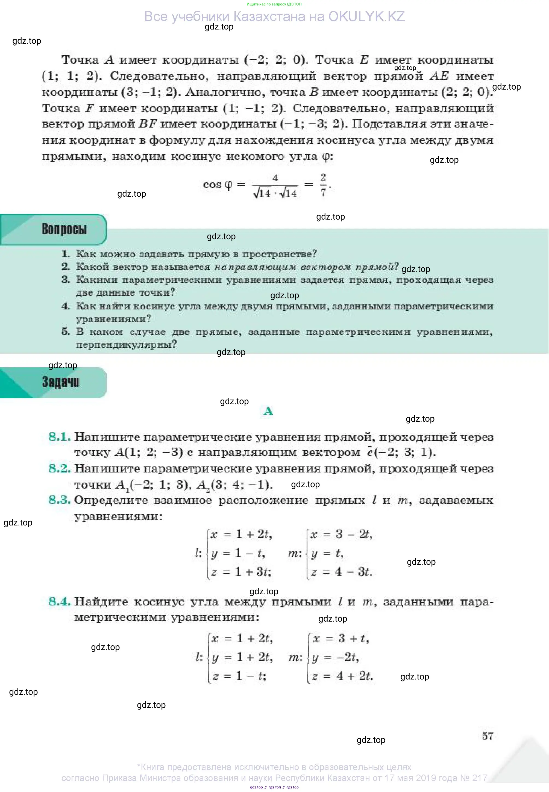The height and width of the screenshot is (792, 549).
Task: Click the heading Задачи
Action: click(61, 382)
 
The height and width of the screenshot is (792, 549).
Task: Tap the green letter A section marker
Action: click(268, 411)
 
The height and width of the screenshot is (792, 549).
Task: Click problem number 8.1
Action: click(60, 437)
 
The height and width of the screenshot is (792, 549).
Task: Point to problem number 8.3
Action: click(60, 500)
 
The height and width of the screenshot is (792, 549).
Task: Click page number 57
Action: click(488, 736)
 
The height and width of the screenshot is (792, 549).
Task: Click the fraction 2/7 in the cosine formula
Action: click(323, 185)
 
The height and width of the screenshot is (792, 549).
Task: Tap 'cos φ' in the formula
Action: click(218, 185)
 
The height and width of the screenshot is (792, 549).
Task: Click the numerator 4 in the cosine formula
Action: click(275, 178)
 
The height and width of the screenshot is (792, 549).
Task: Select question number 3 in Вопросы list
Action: click(66, 279)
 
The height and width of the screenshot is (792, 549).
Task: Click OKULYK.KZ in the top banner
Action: click(366, 16)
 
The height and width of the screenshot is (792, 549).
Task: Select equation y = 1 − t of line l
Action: click(238, 553)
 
